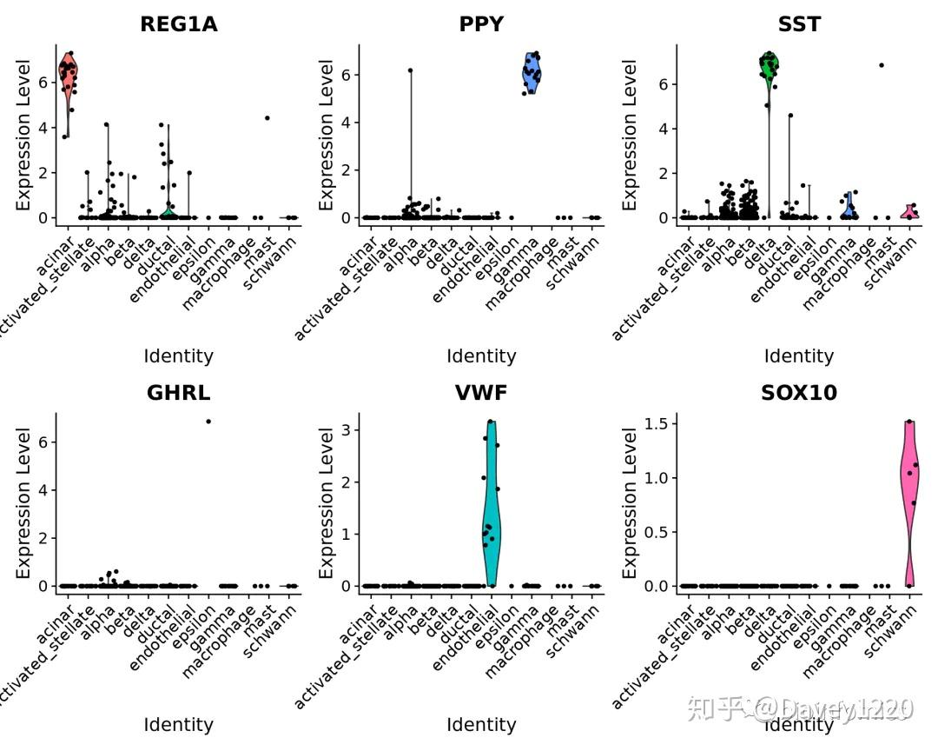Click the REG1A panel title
pyautogui.click(x=178, y=24)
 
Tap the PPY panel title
pyautogui.click(x=481, y=24)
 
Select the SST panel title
pyautogui.click(x=799, y=24)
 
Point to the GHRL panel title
pyautogui.click(x=178, y=393)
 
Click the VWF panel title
pyautogui.click(x=481, y=393)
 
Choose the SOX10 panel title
pyautogui.click(x=799, y=393)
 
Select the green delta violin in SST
pyautogui.click(x=769, y=70)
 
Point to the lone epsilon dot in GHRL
pyautogui.click(x=208, y=422)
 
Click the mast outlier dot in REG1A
pyautogui.click(x=268, y=117)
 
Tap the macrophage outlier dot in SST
pyautogui.click(x=882, y=65)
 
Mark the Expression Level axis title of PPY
pyautogui.click(x=326, y=135)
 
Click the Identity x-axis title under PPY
pyautogui.click(x=481, y=356)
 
